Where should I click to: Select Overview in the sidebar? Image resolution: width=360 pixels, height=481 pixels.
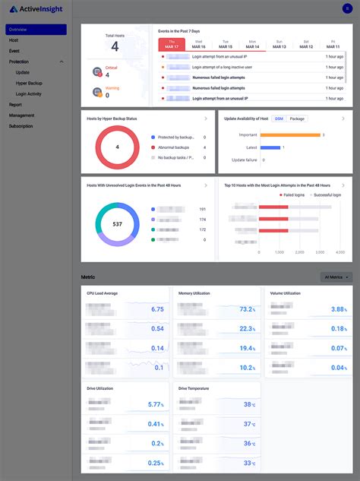[x=18, y=30]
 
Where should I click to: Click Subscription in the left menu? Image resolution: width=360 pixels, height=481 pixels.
[x=21, y=126]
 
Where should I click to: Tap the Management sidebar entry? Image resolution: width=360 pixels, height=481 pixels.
[x=21, y=116]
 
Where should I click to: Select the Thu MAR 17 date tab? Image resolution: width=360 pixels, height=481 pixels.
[x=171, y=44]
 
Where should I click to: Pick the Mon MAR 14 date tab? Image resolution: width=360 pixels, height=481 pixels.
[x=252, y=44]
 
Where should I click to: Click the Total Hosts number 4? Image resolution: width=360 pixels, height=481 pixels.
[x=115, y=47]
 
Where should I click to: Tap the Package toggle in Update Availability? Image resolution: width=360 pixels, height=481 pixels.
[x=298, y=119]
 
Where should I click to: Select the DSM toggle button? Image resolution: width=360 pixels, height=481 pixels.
[x=279, y=119]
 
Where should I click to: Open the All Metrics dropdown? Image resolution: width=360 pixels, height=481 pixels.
[x=336, y=277]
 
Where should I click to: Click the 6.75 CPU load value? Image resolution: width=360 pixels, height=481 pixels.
[x=157, y=309]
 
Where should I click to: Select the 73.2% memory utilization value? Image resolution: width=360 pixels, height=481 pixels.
[x=247, y=309]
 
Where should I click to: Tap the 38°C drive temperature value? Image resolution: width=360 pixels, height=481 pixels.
[x=249, y=405]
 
